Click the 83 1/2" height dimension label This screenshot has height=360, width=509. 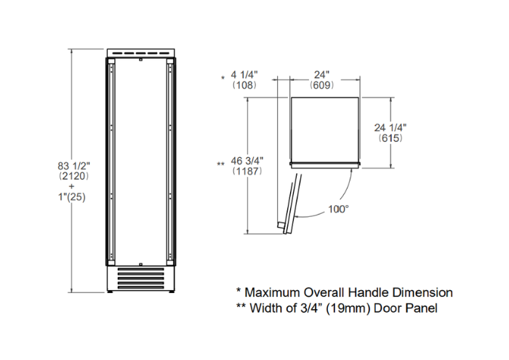73,166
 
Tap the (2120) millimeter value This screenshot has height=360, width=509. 73,176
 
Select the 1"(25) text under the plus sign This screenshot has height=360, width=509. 72,196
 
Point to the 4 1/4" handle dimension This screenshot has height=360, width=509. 244,75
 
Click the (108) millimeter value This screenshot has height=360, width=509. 244,85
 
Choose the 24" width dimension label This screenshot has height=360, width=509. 321,75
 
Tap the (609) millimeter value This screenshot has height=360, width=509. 321,85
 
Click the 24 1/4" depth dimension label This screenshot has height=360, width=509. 390,127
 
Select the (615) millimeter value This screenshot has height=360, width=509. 390,138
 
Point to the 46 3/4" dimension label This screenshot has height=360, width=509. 247,161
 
